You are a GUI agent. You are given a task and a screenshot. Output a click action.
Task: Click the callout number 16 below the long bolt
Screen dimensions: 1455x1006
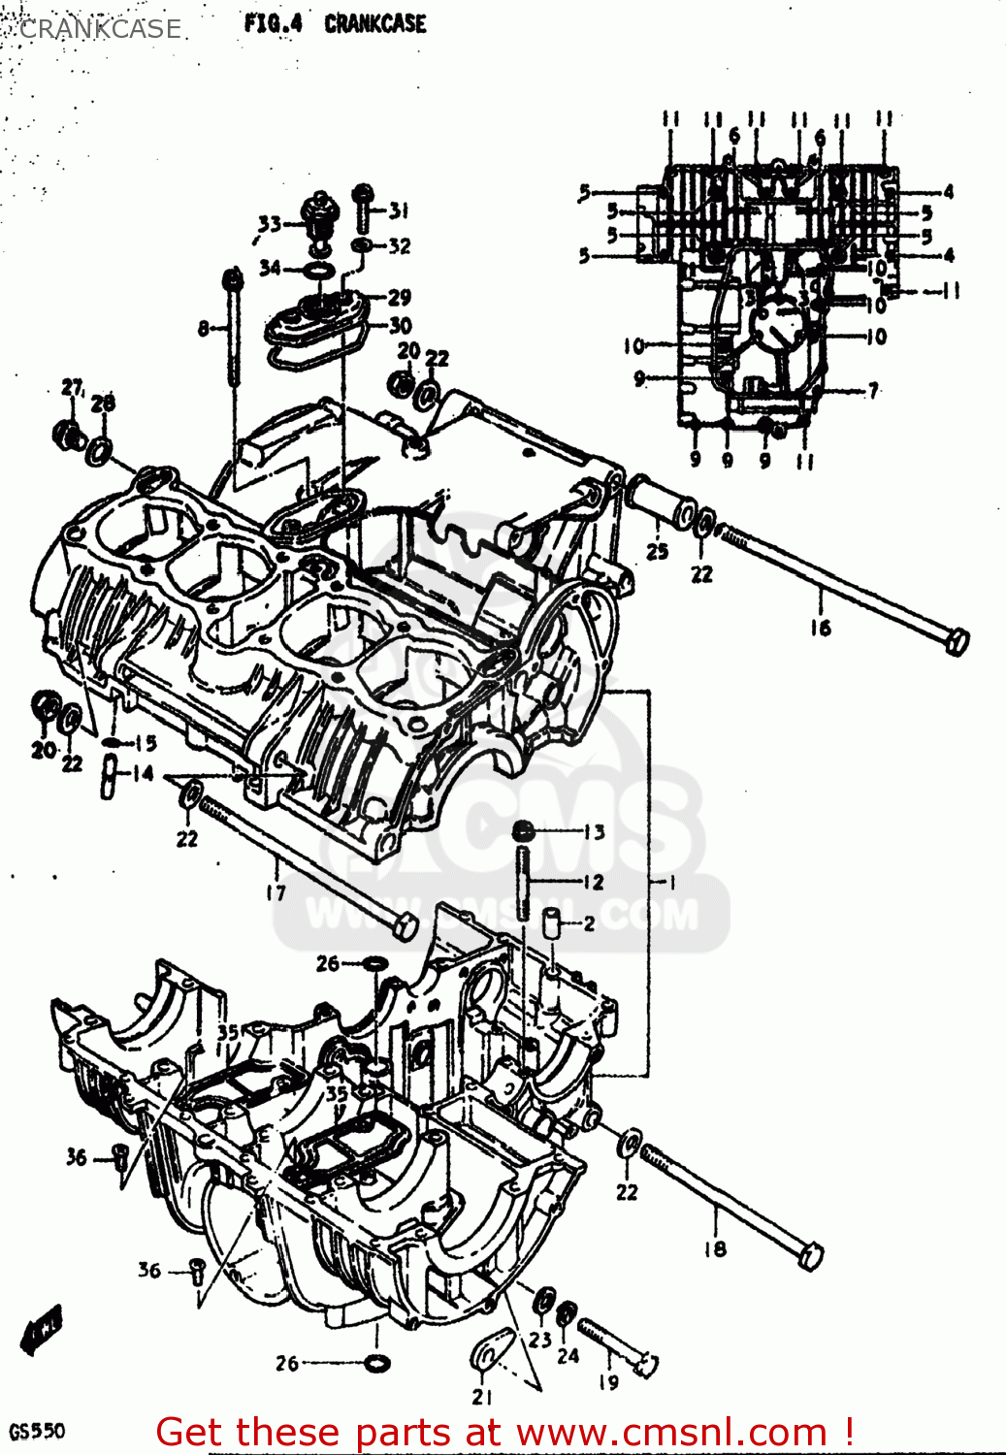point(821,628)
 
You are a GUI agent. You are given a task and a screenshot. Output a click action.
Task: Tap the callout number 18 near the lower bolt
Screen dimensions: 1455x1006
point(715,1248)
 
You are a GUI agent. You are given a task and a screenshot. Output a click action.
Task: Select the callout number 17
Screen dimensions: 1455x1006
point(276,892)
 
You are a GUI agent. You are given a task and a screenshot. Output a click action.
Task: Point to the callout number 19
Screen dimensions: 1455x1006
point(608,1381)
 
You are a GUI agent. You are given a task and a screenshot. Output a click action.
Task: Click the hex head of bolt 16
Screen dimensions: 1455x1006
point(956,641)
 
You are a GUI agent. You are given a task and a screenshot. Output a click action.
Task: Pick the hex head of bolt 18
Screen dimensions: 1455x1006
point(810,1257)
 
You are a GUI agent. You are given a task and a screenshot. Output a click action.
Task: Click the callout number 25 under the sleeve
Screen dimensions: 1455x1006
point(658,551)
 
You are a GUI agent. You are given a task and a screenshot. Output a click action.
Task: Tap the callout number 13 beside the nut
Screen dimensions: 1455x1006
point(594,831)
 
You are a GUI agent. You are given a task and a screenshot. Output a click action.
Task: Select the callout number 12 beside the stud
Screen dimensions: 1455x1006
point(593,882)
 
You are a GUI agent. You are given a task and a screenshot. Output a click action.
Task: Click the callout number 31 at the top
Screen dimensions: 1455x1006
point(399,210)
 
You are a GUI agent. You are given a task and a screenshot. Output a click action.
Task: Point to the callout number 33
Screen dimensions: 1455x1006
point(269,224)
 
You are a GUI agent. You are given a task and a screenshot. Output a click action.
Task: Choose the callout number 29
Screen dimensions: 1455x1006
point(400,297)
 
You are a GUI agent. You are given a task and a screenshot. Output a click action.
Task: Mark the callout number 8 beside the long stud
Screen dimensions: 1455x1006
point(204,329)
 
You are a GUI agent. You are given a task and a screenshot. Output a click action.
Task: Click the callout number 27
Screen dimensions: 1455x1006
point(73,388)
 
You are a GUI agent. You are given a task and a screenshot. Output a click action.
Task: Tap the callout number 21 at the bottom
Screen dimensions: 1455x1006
point(482,1397)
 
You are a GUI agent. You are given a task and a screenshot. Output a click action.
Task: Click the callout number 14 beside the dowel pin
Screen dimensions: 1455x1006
point(143,773)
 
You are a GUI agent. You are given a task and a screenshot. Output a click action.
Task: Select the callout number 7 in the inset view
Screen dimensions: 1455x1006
point(873,390)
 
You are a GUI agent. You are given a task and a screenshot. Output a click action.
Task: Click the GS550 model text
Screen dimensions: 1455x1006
point(37,1432)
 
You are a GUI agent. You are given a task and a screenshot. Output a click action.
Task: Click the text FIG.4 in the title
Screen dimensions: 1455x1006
point(273,23)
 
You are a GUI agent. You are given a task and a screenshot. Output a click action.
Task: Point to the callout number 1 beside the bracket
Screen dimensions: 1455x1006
point(670,882)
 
